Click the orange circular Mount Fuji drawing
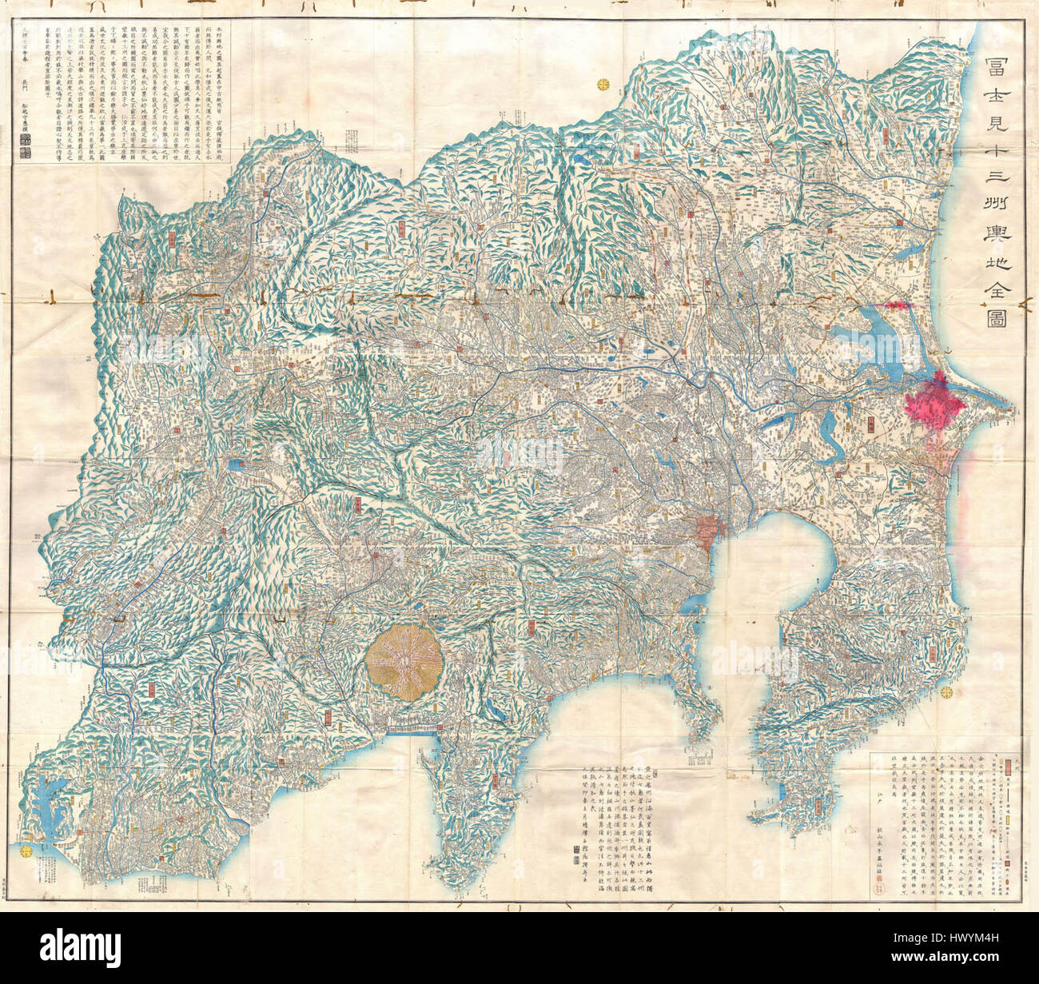tap(404, 663)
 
